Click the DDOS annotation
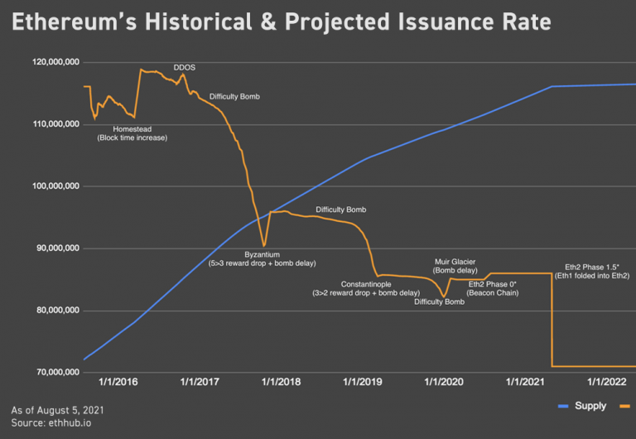coord(184,67)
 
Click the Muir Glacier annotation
coord(455,262)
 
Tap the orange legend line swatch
coord(624,406)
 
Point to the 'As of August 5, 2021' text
coord(58,410)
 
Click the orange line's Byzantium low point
coord(264,245)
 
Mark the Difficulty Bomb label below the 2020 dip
coord(439,302)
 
